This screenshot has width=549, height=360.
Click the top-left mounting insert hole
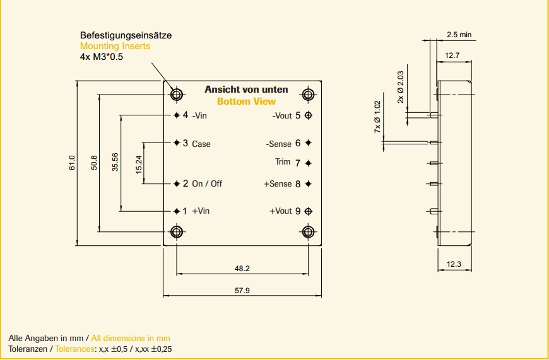177,95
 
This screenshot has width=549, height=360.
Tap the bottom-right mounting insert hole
308,231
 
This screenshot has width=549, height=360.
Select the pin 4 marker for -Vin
177,115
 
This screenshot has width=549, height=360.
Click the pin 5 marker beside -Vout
308,115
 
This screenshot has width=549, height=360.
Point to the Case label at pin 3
201,144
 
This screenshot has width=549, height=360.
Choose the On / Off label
207,184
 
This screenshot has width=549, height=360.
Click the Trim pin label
283,162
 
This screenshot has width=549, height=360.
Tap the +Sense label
278,184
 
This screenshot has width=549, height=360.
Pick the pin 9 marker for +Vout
308,211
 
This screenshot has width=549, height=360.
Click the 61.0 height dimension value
73,163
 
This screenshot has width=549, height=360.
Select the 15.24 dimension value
138,163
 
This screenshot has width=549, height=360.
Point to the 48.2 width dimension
242,269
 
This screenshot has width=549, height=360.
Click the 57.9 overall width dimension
242,291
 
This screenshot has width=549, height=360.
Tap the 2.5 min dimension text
459,35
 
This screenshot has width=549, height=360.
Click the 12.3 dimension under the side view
454,264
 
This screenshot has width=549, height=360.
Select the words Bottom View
246,102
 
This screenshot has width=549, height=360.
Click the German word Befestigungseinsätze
126,36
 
